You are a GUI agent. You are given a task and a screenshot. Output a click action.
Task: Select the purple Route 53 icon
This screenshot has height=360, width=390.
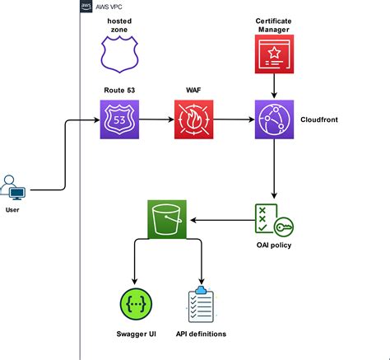click(120, 120)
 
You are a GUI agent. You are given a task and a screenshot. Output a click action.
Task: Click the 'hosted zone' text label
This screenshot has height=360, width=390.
click(120, 24)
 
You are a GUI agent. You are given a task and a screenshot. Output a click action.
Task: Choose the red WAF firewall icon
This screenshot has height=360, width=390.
click(194, 120)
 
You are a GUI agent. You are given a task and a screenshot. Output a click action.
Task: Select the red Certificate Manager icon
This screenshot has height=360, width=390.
click(274, 56)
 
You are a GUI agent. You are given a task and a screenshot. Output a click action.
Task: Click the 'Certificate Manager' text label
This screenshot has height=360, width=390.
click(274, 24)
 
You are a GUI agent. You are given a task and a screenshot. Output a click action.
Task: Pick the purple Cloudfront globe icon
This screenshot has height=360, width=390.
click(274, 120)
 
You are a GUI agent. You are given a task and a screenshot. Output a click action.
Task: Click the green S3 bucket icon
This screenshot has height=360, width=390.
click(168, 220)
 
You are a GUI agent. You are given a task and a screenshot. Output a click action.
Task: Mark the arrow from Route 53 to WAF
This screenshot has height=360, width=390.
click(156, 120)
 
